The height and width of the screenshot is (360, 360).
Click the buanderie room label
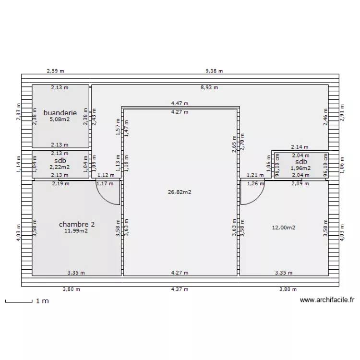tap(60, 113)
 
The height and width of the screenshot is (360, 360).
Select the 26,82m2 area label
tap(180, 192)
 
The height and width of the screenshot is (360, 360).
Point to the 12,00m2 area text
tap(283, 228)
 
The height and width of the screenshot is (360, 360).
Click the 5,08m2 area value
tap(60, 119)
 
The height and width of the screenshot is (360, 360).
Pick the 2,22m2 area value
tap(60, 168)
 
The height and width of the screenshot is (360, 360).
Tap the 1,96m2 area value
tap(300, 168)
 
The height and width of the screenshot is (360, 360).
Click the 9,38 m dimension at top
tap(214, 71)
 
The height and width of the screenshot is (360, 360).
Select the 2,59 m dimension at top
tap(55, 71)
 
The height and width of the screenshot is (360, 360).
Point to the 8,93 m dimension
tap(209, 87)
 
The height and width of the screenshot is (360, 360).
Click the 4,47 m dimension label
tap(180, 103)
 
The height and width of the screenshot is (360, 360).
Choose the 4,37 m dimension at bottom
tap(180, 289)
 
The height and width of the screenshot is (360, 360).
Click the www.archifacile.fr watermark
tap(327, 300)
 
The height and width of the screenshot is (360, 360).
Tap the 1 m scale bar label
tap(42, 301)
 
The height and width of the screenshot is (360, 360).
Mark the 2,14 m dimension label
tap(300, 147)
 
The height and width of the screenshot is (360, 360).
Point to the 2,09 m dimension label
tap(300, 183)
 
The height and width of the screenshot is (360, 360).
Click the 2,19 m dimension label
tap(60, 183)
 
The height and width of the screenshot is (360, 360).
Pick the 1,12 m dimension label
tap(106, 175)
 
